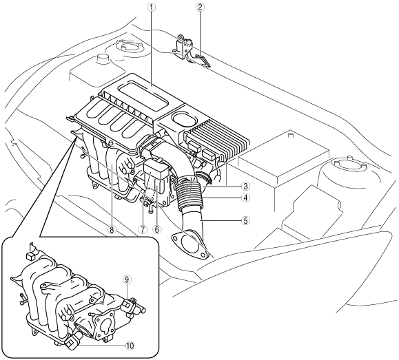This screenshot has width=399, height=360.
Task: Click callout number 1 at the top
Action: (152, 8)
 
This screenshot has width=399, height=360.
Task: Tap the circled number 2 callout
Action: (200, 8)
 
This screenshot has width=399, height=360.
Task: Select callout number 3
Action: (245, 187)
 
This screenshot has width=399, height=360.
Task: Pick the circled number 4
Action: (245, 198)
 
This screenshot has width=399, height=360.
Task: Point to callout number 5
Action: (245, 221)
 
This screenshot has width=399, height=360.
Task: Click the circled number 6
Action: (156, 230)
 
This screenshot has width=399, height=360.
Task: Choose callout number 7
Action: (143, 230)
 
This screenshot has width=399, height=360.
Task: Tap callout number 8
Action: (111, 230)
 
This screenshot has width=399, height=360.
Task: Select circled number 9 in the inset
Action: (127, 279)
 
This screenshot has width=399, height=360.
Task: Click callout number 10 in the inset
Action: (130, 346)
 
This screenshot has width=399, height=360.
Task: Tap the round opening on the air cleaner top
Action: (184, 118)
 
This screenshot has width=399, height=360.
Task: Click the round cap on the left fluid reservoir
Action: (103, 59)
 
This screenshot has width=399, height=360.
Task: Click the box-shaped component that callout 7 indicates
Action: (156, 169)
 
